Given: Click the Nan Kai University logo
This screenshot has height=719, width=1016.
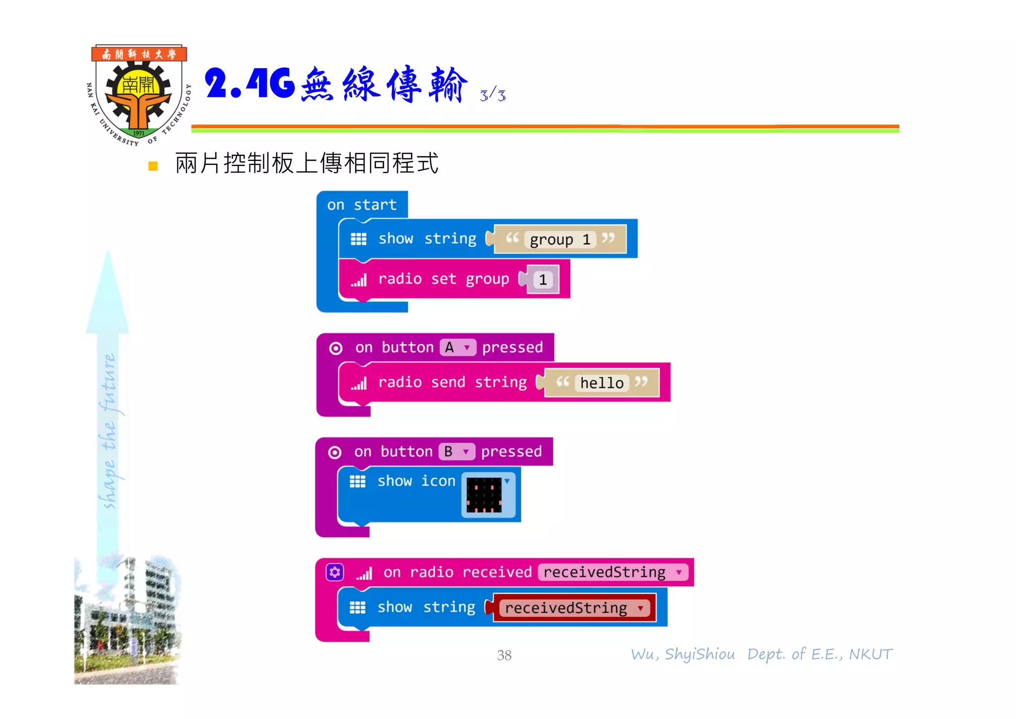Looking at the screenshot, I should pyautogui.click(x=138, y=94).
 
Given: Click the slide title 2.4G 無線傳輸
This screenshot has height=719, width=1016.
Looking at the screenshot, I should pyautogui.click(x=335, y=84).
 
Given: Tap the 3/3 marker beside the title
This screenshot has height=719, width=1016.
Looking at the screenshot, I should pyautogui.click(x=493, y=95).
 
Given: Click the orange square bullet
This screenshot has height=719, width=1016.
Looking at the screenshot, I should pyautogui.click(x=153, y=166).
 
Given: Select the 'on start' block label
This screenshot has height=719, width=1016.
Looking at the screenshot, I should pyautogui.click(x=362, y=205).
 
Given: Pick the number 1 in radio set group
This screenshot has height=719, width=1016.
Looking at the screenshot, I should pyautogui.click(x=543, y=280).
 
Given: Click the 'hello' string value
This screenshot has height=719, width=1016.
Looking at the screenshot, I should pyautogui.click(x=602, y=383).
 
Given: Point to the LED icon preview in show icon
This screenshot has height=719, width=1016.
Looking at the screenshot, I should pyautogui.click(x=484, y=495).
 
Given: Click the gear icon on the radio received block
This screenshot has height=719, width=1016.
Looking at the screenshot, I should pyautogui.click(x=335, y=573).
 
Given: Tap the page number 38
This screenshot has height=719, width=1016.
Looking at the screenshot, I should pyautogui.click(x=504, y=655).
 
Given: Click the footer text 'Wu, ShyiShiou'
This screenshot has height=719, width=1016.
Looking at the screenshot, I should pyautogui.click(x=683, y=654).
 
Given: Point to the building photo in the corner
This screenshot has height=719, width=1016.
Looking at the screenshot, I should pyautogui.click(x=127, y=621).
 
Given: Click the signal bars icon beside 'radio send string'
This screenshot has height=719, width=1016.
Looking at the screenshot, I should pyautogui.click(x=359, y=383).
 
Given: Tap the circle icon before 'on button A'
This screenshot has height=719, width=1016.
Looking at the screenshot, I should pyautogui.click(x=336, y=349).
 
